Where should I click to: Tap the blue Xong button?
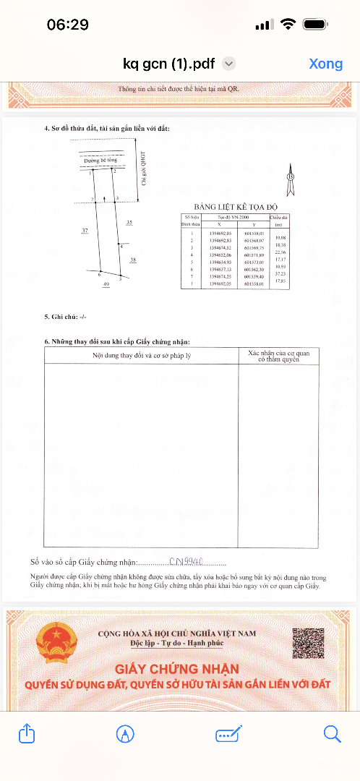[x=325, y=64]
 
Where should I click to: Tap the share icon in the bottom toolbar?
[x=26, y=734]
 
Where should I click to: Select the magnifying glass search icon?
[x=332, y=734]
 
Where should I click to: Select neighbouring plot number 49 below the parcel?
[x=106, y=286]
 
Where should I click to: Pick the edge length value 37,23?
[x=280, y=274]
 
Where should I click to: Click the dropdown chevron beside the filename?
[x=228, y=64]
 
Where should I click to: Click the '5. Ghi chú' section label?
[x=66, y=317]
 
